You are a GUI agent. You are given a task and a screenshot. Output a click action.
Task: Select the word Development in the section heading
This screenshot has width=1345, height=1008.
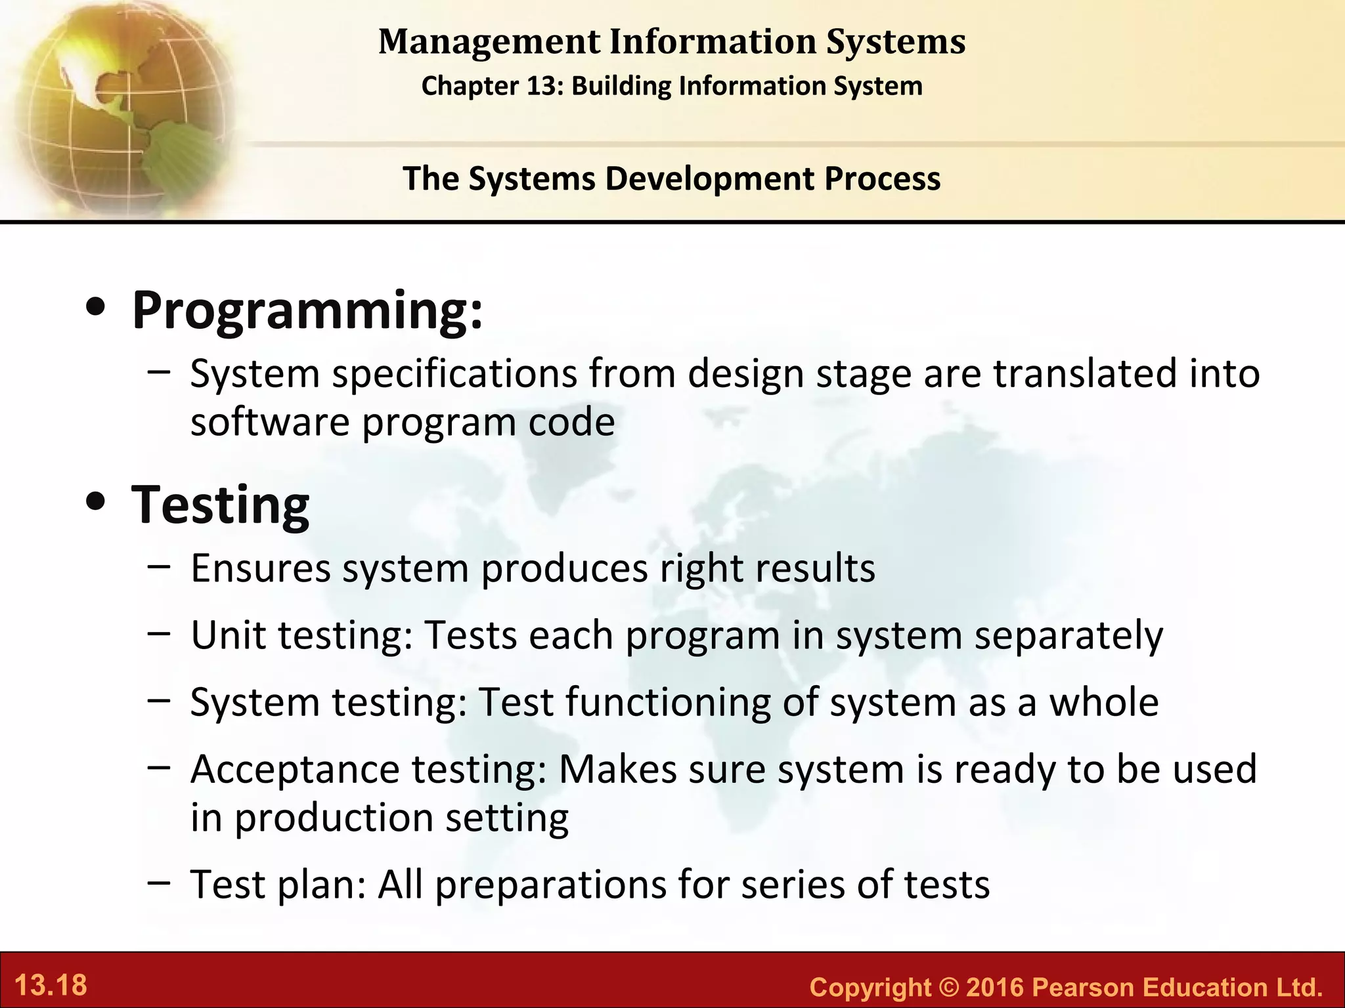click(709, 178)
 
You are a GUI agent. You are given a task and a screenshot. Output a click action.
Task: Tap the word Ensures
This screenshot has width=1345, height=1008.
click(260, 568)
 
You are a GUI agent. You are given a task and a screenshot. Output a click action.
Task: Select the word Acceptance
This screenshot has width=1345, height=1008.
click(295, 769)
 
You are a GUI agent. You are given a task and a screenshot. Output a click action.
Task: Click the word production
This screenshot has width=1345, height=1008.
click(334, 819)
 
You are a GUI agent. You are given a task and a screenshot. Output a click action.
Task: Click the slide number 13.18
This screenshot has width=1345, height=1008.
click(51, 986)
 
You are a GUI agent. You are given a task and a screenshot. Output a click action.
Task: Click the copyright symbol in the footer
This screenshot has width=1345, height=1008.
click(948, 987)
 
